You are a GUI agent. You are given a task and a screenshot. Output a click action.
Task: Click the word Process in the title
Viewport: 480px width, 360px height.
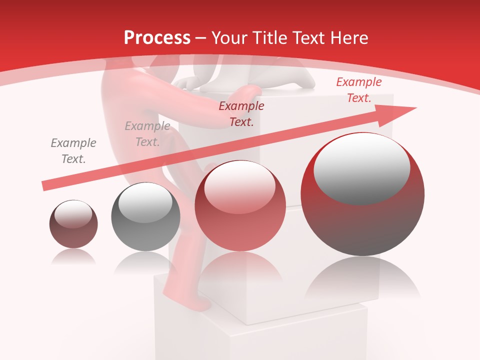[157, 38]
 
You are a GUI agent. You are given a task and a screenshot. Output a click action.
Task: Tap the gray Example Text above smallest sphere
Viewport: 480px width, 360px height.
[73, 151]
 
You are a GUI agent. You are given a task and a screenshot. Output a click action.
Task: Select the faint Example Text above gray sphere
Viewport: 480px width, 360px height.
[147, 134]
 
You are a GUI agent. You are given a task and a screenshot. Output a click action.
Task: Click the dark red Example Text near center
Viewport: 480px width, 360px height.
[241, 113]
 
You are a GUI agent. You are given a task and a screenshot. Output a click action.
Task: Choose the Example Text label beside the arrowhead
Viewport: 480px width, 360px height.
[358, 90]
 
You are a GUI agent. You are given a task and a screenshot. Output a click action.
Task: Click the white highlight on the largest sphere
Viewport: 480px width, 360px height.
[361, 167]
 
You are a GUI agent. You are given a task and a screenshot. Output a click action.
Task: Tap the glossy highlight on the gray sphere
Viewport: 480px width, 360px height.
[145, 202]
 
